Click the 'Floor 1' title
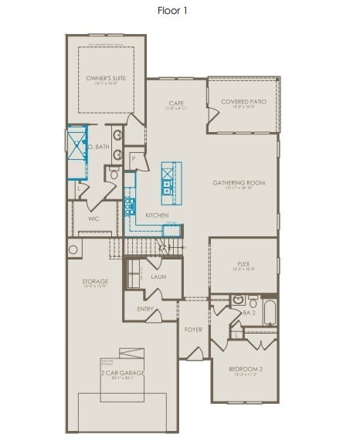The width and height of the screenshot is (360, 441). pos(172,11)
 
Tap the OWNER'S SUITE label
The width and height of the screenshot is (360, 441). pos(106,78)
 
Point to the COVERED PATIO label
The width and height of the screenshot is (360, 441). pos(243,102)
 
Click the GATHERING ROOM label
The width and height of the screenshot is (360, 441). pos(239,183)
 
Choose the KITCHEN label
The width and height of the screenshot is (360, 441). pos(157,215)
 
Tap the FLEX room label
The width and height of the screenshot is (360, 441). pos(243,264)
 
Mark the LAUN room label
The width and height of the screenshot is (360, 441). pos(158,276)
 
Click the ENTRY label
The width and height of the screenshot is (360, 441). pos(145,309)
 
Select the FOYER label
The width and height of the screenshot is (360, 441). pos(193,329)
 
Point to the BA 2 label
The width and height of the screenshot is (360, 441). pos(248,313)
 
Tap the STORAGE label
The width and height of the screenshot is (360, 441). pos(95,281)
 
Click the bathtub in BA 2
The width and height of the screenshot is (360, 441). pos(269,313)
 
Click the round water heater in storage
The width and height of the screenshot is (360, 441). pos(73,249)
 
